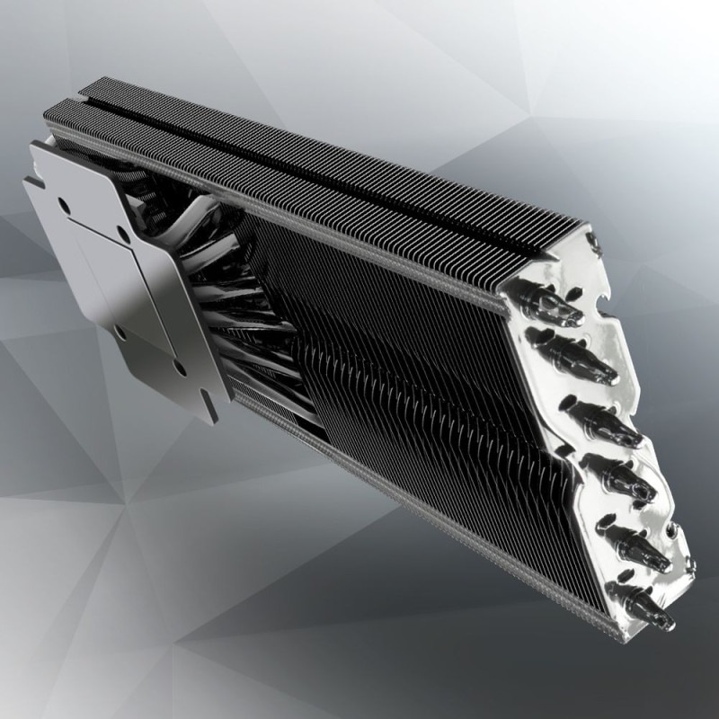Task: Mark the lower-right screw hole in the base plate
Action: (x=181, y=368)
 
